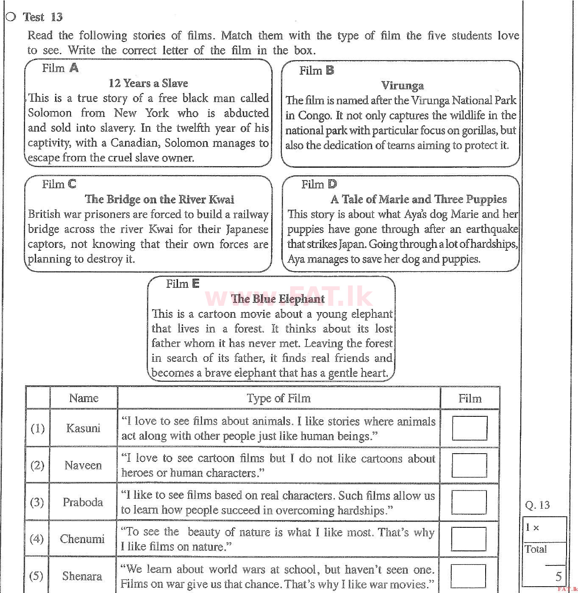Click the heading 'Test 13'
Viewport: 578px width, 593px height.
tap(42, 17)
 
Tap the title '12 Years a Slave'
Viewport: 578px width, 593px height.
tap(148, 83)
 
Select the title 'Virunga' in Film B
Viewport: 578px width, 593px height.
tap(402, 86)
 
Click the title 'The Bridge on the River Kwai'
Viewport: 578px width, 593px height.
tap(159, 199)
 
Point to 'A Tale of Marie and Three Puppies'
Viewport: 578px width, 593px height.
tap(418, 199)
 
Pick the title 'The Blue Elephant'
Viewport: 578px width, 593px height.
tap(278, 299)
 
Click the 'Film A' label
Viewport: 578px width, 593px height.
tap(60, 68)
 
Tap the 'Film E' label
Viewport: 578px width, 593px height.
tap(182, 284)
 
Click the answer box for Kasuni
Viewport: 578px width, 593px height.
tap(469, 428)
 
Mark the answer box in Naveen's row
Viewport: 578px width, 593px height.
tap(469, 465)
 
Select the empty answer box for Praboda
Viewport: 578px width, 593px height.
tap(469, 502)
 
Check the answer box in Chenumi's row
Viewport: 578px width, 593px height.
tap(468, 539)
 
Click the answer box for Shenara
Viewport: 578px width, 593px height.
tap(468, 575)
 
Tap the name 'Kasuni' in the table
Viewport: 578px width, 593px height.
tap(83, 428)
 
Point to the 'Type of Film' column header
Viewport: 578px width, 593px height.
tap(278, 398)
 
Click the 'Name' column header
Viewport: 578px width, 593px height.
tap(83, 398)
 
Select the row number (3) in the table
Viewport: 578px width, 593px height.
tap(37, 502)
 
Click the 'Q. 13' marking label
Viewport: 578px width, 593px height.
tap(537, 505)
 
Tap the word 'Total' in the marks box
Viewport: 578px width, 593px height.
tap(536, 549)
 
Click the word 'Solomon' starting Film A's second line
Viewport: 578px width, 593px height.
tap(50, 113)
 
